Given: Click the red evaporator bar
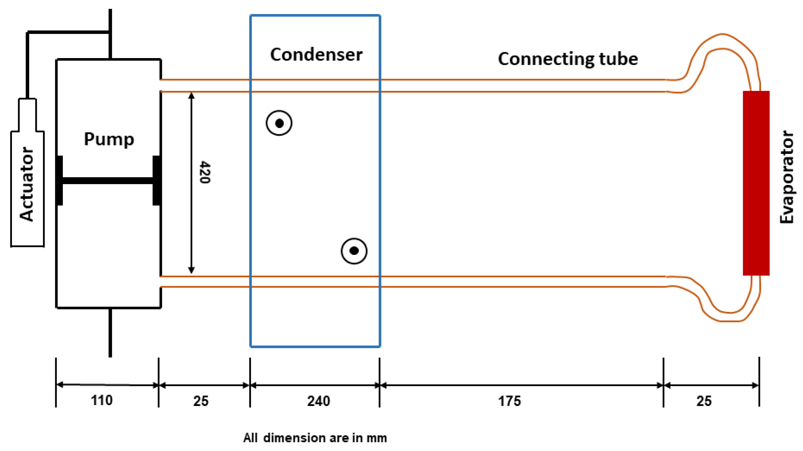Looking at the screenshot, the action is click(x=756, y=183).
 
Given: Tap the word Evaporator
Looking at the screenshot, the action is click(x=787, y=177).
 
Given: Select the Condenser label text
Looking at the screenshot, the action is click(x=316, y=55).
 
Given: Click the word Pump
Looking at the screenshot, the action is click(x=109, y=139).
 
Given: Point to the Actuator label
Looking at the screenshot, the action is click(x=27, y=184).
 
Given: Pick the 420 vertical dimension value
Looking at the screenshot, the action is click(x=205, y=172).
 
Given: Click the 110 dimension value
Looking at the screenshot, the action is click(x=102, y=400).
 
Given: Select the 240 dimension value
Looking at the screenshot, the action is click(x=318, y=401).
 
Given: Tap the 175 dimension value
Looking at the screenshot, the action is click(x=509, y=401).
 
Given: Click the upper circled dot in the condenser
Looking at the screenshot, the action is click(x=279, y=123).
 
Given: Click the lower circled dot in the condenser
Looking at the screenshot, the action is click(x=354, y=251).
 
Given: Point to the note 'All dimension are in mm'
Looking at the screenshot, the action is click(x=315, y=438).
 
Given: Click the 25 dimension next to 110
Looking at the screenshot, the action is click(x=201, y=401).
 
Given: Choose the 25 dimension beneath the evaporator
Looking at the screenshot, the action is click(x=704, y=401).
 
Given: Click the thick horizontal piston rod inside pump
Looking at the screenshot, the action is click(x=108, y=180).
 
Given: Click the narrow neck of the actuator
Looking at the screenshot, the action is click(x=27, y=115).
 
